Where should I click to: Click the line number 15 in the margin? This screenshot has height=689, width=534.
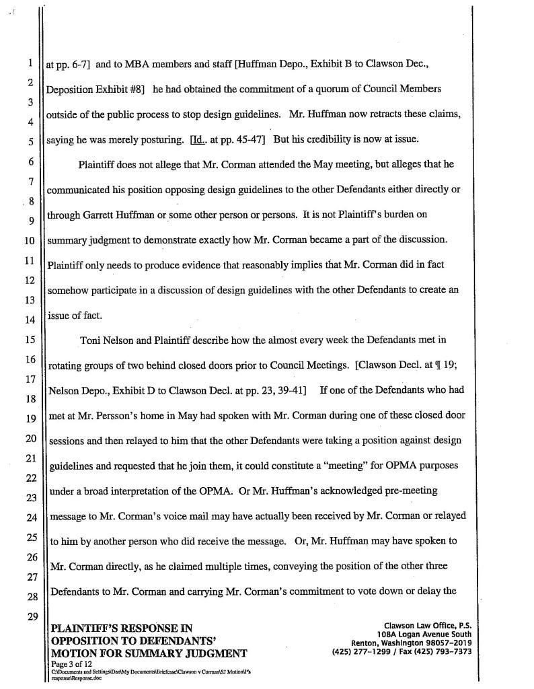pyautogui.click(x=30, y=340)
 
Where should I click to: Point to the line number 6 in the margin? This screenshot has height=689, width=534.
pyautogui.click(x=30, y=161)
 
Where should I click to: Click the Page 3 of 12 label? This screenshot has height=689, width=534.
pyautogui.click(x=73, y=663)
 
